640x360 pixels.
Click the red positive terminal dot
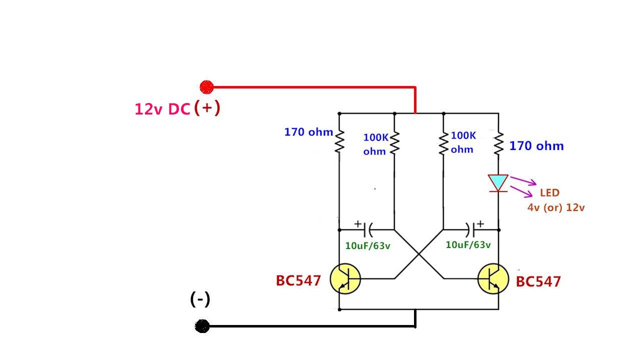(206, 87)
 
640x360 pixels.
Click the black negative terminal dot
(202, 326)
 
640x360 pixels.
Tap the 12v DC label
(162, 109)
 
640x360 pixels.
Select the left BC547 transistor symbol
(345, 279)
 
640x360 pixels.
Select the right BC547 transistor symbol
(493, 279)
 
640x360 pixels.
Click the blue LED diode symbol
(498, 183)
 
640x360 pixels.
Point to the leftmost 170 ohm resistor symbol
(339, 141)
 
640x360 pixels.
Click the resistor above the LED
(498, 143)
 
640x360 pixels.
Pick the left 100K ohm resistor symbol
(394, 143)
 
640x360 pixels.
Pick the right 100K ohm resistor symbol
(443, 143)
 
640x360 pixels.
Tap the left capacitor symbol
(368, 230)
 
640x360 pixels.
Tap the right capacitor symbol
(470, 230)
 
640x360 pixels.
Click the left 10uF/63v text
(368, 245)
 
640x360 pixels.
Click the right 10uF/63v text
(468, 245)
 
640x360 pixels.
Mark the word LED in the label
(549, 193)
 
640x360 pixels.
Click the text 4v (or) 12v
(555, 207)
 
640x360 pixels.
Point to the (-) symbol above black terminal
(200, 299)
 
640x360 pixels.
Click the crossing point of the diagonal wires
(419, 254)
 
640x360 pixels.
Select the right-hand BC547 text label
(538, 282)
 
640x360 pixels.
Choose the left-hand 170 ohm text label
(308, 132)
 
